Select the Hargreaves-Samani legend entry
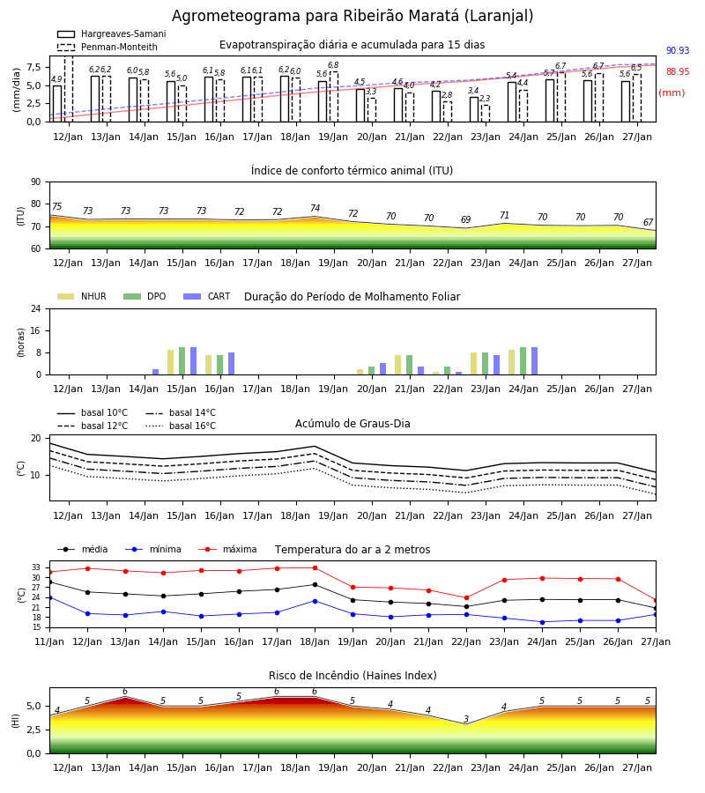click(111, 33)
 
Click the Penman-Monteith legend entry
click(108, 47)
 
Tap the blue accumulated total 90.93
click(678, 50)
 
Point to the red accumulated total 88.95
click(678, 72)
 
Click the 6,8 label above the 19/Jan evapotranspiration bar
click(333, 65)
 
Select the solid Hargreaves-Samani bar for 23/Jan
click(474, 109)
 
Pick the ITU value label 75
click(56, 206)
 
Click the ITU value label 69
click(466, 219)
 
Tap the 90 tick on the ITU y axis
click(36, 182)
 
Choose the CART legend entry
click(207, 296)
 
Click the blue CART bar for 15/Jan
click(193, 361)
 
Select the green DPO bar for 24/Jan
click(523, 361)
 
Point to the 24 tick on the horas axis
click(36, 308)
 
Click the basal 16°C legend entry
click(181, 426)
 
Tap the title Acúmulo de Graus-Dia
click(352, 423)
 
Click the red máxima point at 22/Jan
click(466, 597)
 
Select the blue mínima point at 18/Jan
click(315, 601)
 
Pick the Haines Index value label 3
click(466, 719)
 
